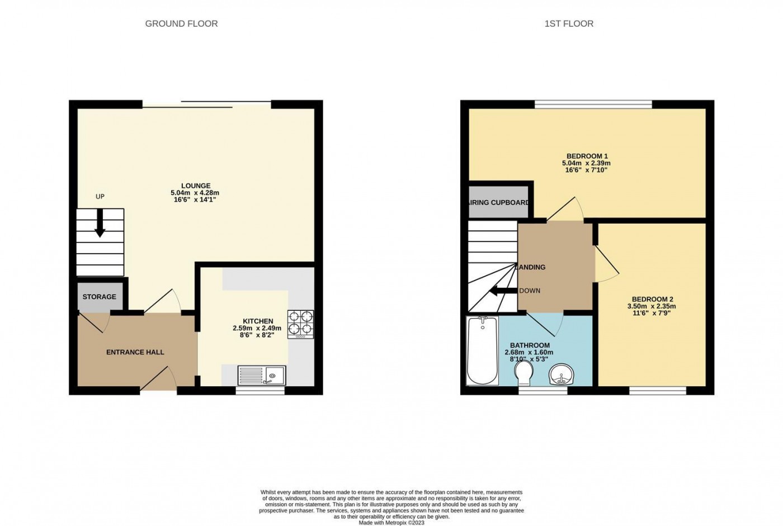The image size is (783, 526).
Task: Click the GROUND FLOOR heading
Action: pos(181,23)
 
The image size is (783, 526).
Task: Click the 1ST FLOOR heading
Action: pos(569,23)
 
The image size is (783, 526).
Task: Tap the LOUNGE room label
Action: pos(196,186)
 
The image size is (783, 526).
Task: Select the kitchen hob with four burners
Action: pos(300,324)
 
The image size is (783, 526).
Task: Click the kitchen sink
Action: pos(262,375)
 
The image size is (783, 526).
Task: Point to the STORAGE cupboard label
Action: pos(100,297)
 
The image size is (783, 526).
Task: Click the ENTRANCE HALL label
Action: pos(135,352)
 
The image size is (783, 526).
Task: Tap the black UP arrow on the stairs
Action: pos(100,224)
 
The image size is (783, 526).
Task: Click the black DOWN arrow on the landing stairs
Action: pos(502,291)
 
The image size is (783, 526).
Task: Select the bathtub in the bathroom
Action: pos(482,350)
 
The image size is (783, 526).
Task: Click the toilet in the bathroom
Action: pos(524,372)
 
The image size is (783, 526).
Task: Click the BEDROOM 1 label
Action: pos(587,156)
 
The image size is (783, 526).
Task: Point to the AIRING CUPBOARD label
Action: pos(498,202)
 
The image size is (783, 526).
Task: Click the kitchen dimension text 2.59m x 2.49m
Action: pos(257,329)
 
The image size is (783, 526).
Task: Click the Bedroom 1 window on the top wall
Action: pos(593,104)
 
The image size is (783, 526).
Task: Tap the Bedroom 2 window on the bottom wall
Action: pos(658,391)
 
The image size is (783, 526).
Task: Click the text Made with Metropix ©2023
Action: pos(391,523)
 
